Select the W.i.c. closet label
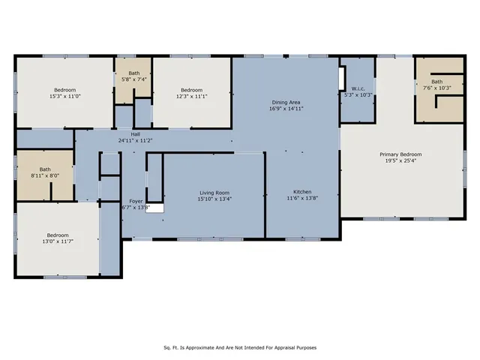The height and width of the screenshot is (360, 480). click(358, 88)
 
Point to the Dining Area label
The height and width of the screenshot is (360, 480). click(286, 101)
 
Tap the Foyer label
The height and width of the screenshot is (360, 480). click(136, 201)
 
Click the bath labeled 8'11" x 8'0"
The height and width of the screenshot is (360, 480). click(45, 172)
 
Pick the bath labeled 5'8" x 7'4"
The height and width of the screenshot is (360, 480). click(133, 76)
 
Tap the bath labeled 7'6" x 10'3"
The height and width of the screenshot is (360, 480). click(436, 85)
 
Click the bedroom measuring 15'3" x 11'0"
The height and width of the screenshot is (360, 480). click(64, 92)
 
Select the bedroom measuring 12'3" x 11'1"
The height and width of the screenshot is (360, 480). click(191, 92)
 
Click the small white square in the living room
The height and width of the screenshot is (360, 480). click(154, 208)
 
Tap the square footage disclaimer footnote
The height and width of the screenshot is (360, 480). click(240, 347)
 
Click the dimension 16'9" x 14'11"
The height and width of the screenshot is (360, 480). click(286, 108)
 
